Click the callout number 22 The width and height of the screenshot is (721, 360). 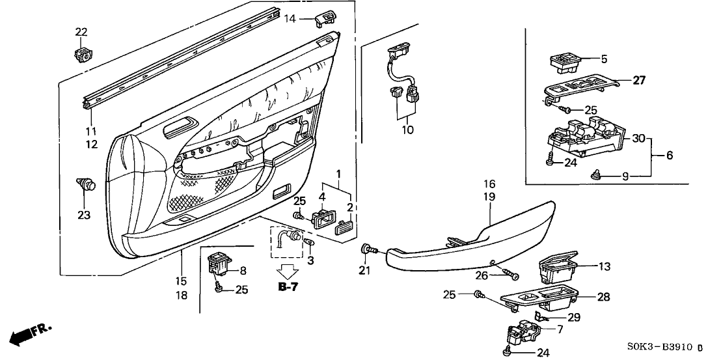81,33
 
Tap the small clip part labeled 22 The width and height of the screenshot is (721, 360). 83,54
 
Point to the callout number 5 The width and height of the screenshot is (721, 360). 603,59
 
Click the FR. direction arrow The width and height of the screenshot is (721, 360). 29,335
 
